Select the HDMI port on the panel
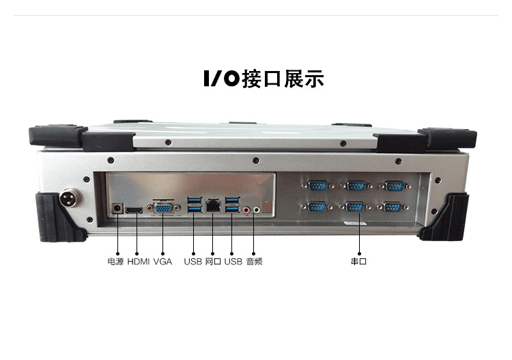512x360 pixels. pyautogui.click(x=135, y=209)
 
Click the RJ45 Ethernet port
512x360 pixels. pyautogui.click(x=213, y=204)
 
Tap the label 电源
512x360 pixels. pyautogui.click(x=115, y=262)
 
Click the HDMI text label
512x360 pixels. pyautogui.click(x=138, y=262)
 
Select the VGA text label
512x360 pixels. pyautogui.click(x=163, y=262)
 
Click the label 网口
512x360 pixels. pyautogui.click(x=213, y=262)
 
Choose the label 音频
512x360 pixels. pyautogui.click(x=254, y=262)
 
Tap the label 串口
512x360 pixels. pyautogui.click(x=358, y=262)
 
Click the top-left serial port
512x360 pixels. pyautogui.click(x=317, y=185)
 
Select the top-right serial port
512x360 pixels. pyautogui.click(x=393, y=185)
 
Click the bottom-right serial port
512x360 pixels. pyautogui.click(x=393, y=207)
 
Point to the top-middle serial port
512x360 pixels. pyautogui.click(x=355, y=185)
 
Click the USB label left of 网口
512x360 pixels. pyautogui.click(x=193, y=262)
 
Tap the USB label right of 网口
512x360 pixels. pyautogui.click(x=233, y=262)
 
